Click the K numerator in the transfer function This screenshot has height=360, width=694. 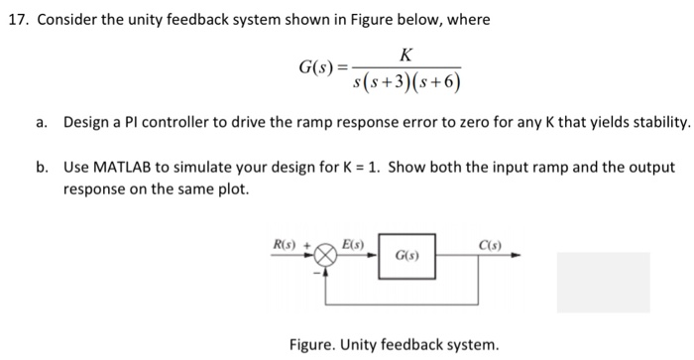[407, 56]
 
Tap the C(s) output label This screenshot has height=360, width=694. [488, 242]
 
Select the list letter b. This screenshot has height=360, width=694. [41, 167]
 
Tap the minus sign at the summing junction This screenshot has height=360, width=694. [318, 272]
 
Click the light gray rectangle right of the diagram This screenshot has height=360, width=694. [603, 284]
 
